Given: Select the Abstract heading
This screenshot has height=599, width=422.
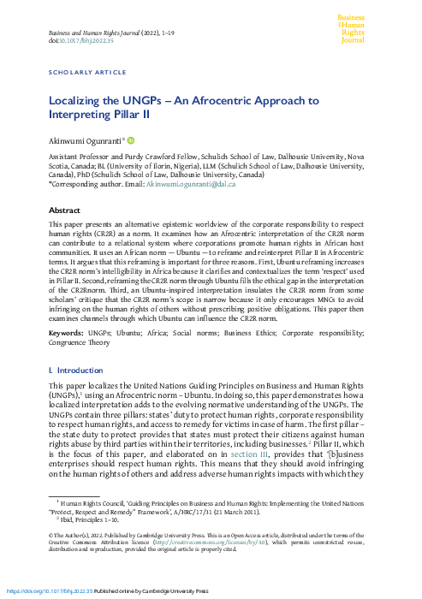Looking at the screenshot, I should pyautogui.click(x=65, y=210).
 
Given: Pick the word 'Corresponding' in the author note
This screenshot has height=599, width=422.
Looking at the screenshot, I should pyautogui.click(x=81, y=184).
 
